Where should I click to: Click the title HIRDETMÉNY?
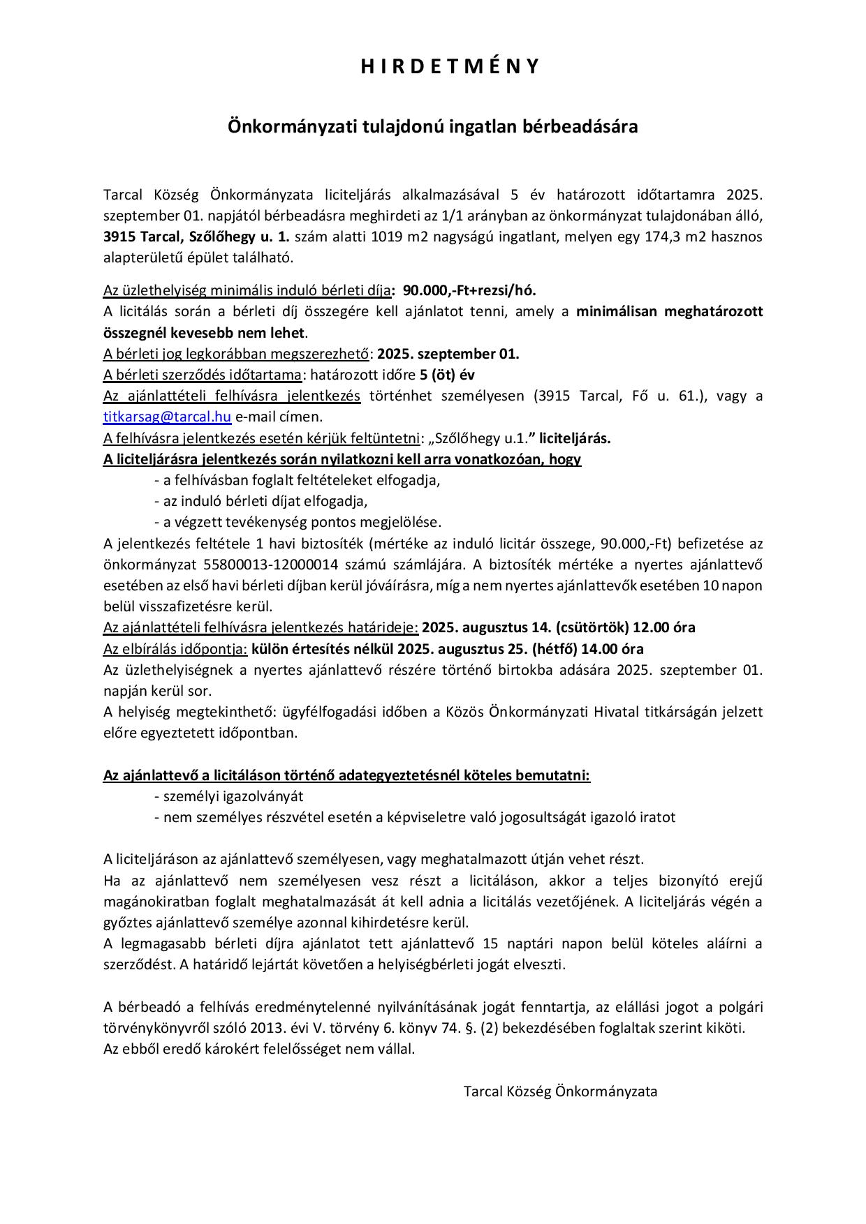(x=450, y=66)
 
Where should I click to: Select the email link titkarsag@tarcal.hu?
(x=167, y=417)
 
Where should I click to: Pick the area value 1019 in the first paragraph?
(x=386, y=236)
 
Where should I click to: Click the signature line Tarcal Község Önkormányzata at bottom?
(x=560, y=1091)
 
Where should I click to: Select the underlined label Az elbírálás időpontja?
(x=175, y=648)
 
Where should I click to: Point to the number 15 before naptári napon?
(x=490, y=943)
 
